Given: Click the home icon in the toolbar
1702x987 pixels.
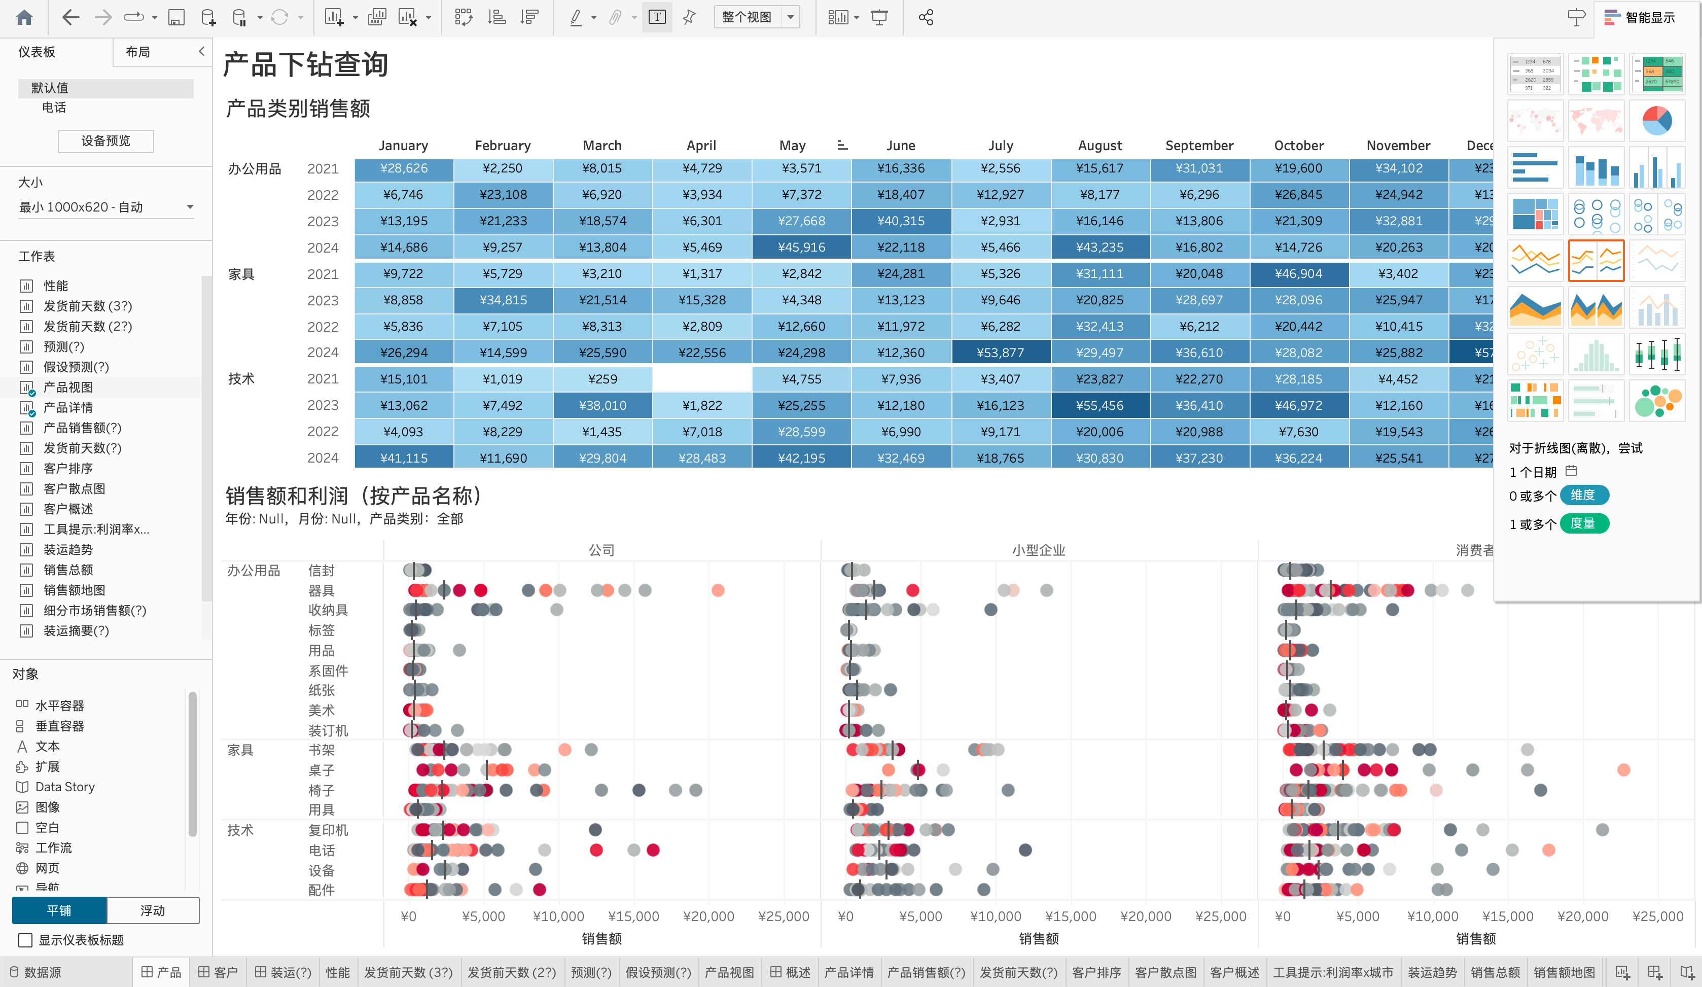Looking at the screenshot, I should [24, 18].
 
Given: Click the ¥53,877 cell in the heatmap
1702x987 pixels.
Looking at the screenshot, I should [1000, 352].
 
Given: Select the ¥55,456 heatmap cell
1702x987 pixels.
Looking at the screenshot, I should [1100, 405].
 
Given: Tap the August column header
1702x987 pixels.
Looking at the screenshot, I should [1100, 145].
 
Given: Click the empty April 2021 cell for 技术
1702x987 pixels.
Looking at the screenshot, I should [702, 379].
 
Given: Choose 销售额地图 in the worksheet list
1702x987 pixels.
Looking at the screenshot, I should [74, 590].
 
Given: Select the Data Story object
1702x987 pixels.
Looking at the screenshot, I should [64, 786].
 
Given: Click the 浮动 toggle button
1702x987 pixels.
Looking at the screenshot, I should [153, 910].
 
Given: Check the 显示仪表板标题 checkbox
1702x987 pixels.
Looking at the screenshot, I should [26, 940].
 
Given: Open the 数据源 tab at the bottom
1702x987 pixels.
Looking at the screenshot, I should [42, 972].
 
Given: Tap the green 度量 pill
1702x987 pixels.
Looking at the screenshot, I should [1582, 523].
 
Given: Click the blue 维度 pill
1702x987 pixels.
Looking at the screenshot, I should [1582, 495].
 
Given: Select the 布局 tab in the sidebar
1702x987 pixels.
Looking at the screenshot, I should [138, 52].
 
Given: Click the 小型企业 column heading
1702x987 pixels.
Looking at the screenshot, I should [1038, 550].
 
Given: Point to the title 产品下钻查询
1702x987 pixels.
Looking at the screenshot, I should [305, 65].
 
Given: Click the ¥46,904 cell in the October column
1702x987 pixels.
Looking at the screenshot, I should [1298, 273].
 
